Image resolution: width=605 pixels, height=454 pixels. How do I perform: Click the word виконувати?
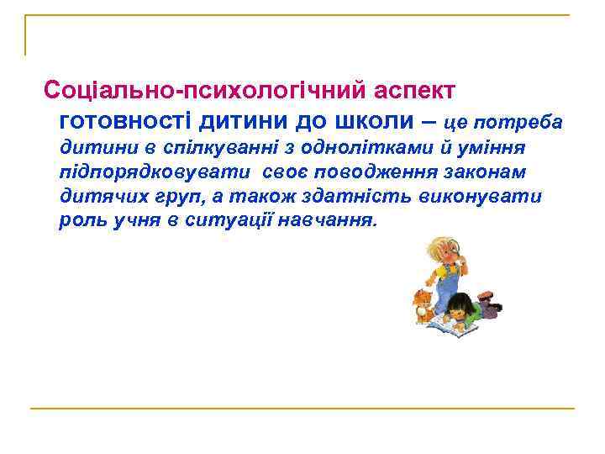tap(485, 197)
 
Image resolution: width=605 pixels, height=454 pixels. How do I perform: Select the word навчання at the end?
tap(335, 221)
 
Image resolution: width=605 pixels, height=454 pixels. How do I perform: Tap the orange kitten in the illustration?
tap(421, 305)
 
